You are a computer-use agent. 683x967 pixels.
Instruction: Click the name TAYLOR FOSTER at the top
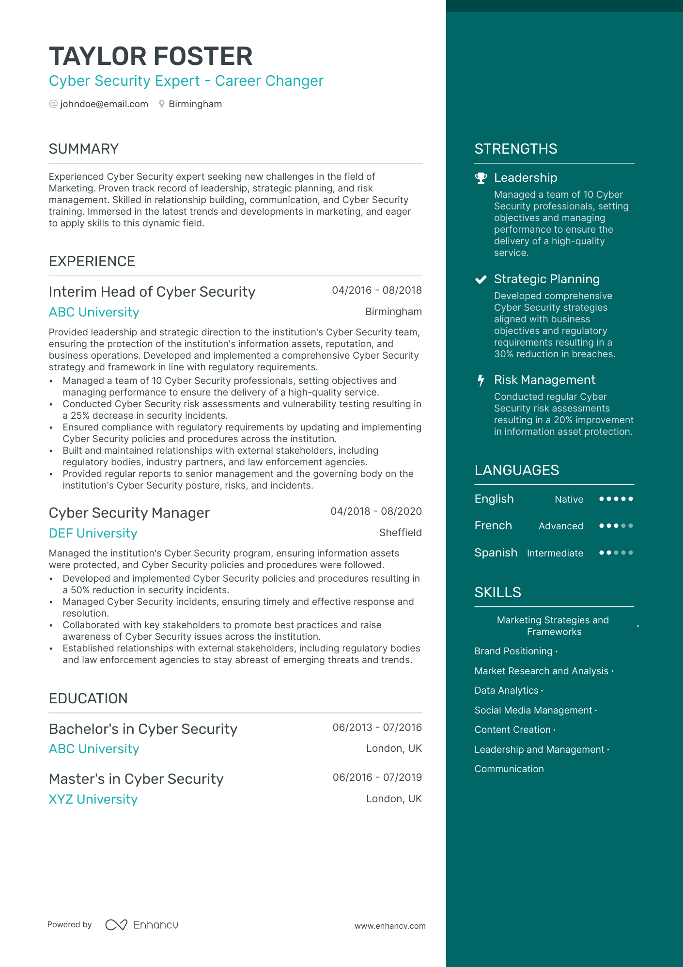click(x=151, y=56)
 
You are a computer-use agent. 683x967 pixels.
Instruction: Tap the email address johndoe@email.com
click(x=104, y=104)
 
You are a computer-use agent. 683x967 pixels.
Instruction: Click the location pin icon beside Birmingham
click(x=162, y=104)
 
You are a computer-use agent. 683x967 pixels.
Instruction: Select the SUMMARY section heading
click(x=84, y=149)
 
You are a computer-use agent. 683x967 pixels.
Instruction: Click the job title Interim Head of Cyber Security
click(x=152, y=292)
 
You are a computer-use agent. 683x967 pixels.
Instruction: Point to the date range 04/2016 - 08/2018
click(x=376, y=290)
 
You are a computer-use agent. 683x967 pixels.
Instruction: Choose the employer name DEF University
click(x=93, y=533)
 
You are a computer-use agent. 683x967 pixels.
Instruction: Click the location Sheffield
click(x=400, y=533)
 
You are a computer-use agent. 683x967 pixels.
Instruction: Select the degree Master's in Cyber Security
click(x=136, y=779)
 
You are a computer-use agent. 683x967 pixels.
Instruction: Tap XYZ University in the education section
click(x=93, y=799)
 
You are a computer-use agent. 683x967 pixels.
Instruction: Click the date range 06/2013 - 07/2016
click(x=377, y=728)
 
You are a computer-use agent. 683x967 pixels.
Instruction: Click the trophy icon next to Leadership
click(x=481, y=178)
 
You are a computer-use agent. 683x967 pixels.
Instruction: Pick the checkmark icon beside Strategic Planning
click(x=481, y=279)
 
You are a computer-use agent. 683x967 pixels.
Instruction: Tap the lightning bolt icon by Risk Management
click(x=481, y=380)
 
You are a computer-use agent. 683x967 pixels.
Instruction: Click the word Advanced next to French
click(x=560, y=526)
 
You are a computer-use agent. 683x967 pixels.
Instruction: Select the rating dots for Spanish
click(x=616, y=553)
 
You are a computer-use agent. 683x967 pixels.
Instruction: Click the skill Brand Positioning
click(x=513, y=651)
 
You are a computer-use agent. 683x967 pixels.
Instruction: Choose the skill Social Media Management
click(x=533, y=710)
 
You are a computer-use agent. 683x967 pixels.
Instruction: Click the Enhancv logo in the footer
click(x=141, y=925)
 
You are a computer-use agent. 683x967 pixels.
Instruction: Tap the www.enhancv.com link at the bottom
click(x=389, y=926)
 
